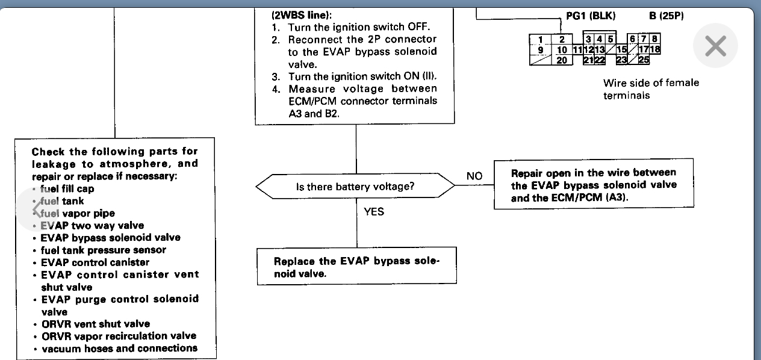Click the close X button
[715, 46]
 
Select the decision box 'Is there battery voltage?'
[355, 187]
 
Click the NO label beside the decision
[474, 176]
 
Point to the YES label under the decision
[373, 211]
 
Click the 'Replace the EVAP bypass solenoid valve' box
[356, 267]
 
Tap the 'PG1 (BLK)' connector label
[591, 16]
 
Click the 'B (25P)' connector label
[666, 16]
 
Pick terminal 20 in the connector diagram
[561, 60]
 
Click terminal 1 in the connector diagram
[541, 40]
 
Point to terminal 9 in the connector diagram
[541, 50]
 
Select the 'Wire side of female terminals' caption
[651, 88]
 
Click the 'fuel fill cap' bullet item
[67, 188]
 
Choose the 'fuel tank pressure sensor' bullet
[103, 250]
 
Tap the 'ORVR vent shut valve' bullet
[96, 323]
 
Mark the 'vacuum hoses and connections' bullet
[119, 348]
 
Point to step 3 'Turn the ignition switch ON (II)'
[361, 76]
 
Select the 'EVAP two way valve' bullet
[92, 225]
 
